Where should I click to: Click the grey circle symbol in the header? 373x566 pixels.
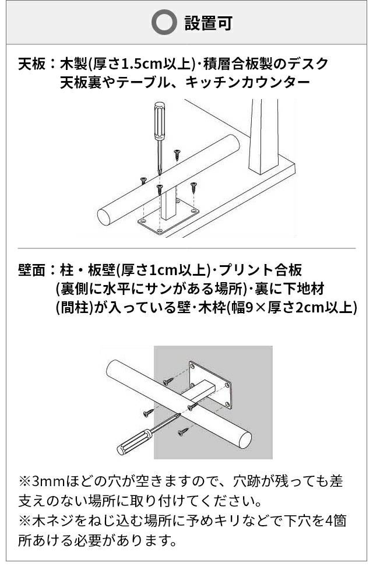pyautogui.click(x=164, y=22)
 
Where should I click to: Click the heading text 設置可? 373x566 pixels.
pyautogui.click(x=208, y=23)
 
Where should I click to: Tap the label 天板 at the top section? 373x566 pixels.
pyautogui.click(x=32, y=64)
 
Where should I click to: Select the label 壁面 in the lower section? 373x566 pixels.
pyautogui.click(x=32, y=270)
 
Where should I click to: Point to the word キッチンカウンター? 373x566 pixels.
pyautogui.click(x=248, y=83)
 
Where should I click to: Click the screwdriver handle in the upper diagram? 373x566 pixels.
pyautogui.click(x=160, y=121)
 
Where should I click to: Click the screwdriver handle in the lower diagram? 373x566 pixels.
pyautogui.click(x=134, y=442)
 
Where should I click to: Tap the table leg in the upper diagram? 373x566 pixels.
pyautogui.click(x=263, y=136)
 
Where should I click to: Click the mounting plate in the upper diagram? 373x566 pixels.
pyautogui.click(x=168, y=217)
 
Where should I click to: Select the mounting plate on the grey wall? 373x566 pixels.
pyautogui.click(x=210, y=385)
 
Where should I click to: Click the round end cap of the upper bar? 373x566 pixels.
pyautogui.click(x=104, y=217)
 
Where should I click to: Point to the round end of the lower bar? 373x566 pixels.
pyautogui.click(x=245, y=440)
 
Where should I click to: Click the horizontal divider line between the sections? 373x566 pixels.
pyautogui.click(x=186, y=248)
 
